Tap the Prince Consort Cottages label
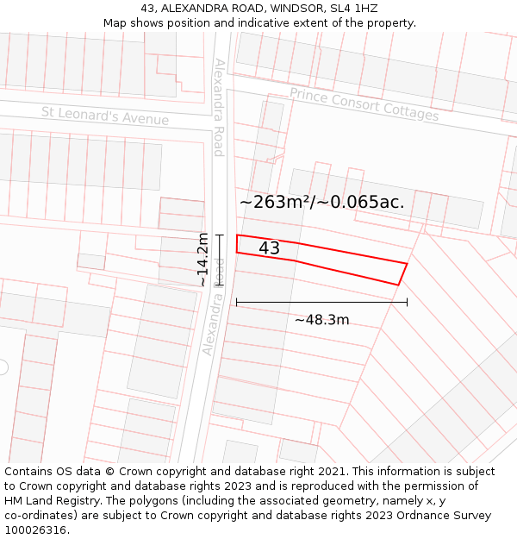point(364,103)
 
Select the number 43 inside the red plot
point(269,248)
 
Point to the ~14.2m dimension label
point(202,260)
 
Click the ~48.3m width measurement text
point(321,320)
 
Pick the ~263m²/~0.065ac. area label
point(321,202)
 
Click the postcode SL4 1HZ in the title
point(353,9)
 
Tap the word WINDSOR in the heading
point(298,9)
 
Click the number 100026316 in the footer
point(36,530)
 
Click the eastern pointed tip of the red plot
point(406,264)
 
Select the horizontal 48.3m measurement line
point(321,303)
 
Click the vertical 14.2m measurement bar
point(220,260)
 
